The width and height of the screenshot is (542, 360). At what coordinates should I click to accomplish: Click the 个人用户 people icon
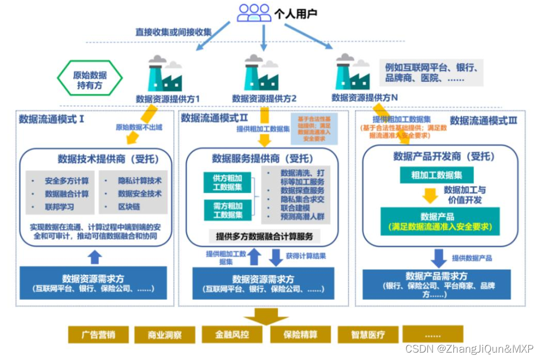pyautogui.click(x=254, y=12)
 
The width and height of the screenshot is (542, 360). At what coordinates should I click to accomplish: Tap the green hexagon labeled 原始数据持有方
pyautogui.click(x=90, y=80)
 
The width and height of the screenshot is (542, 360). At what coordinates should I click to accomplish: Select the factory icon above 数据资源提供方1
pyautogui.click(x=165, y=74)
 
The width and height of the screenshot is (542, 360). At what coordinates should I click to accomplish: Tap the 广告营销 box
pyautogui.click(x=97, y=334)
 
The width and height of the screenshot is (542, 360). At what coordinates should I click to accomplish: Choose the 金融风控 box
pyautogui.click(x=232, y=334)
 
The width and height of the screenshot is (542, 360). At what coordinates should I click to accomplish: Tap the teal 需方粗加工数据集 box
pyautogui.click(x=227, y=210)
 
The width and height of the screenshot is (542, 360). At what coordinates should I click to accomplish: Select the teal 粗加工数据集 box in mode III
pyautogui.click(x=436, y=175)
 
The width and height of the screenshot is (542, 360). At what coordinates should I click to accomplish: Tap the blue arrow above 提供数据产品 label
pyautogui.click(x=439, y=258)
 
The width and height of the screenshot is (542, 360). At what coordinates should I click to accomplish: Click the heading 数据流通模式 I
pyautogui.click(x=52, y=119)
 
